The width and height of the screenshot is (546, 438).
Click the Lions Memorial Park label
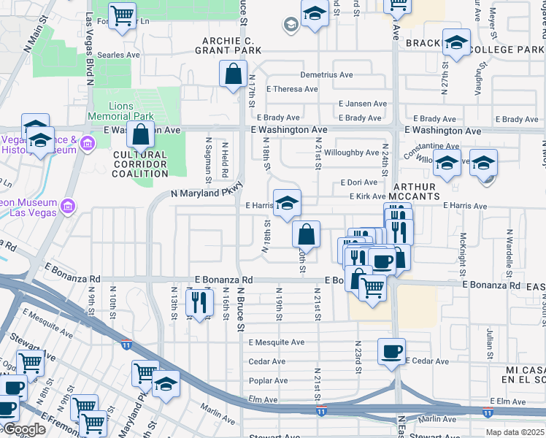pos(121,112)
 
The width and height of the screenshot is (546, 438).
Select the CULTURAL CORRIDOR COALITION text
pos(140,164)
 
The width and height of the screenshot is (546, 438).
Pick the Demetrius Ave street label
pos(326,75)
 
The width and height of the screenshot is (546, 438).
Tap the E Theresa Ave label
pos(292,89)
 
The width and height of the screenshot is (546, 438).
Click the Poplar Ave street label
pos(267,380)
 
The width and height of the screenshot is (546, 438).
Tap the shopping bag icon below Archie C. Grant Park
pos(233,74)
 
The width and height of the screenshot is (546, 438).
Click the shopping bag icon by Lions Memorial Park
pos(141,134)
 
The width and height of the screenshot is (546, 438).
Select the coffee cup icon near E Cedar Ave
pos(391,351)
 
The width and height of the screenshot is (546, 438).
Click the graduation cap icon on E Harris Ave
pos(288,202)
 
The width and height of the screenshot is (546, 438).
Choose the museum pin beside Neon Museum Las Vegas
pos(69,206)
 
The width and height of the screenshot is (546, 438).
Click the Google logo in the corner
pos(23,429)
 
